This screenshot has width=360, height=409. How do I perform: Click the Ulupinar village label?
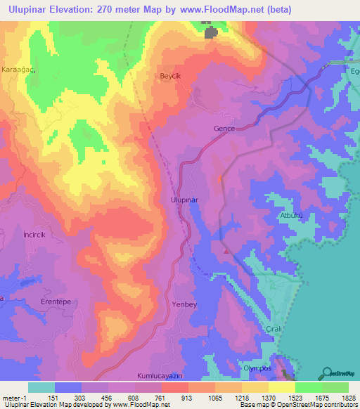(x=185, y=200)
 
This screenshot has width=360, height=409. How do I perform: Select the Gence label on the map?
(x=224, y=129)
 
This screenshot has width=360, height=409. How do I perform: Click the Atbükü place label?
(x=293, y=215)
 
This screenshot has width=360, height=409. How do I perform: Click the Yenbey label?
(x=186, y=304)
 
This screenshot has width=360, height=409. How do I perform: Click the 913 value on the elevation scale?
(x=168, y=397)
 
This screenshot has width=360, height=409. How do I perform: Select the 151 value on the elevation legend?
(x=52, y=397)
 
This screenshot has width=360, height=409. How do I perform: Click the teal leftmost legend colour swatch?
(x=41, y=387)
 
